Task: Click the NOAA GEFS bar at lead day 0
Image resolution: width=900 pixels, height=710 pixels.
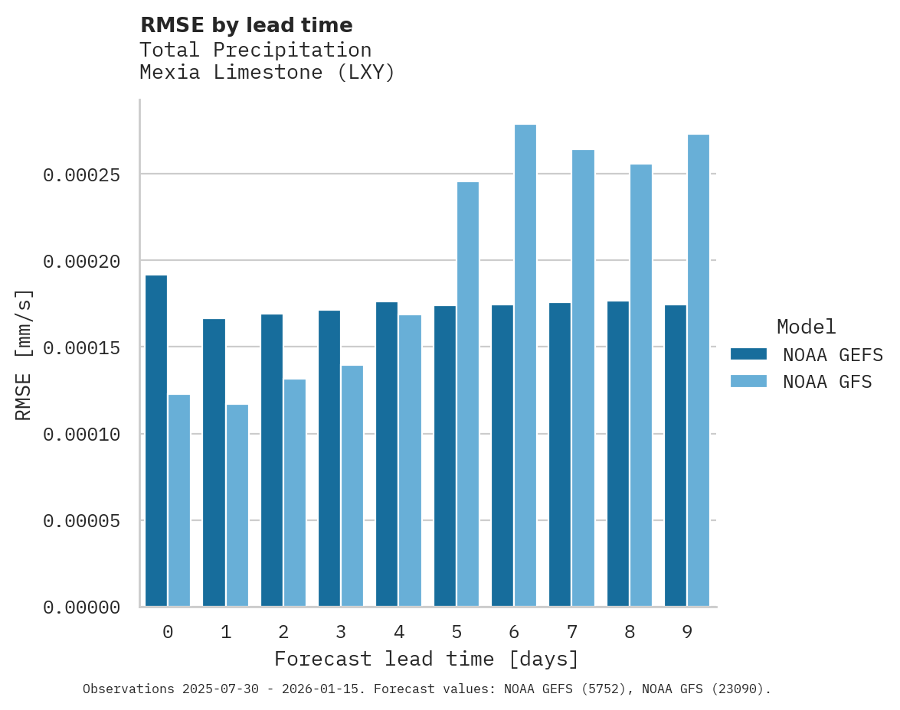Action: pyautogui.click(x=156, y=441)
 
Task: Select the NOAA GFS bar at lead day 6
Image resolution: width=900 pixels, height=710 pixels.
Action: pyautogui.click(x=525, y=366)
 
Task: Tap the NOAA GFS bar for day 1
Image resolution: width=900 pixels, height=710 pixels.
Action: pyautogui.click(x=237, y=505)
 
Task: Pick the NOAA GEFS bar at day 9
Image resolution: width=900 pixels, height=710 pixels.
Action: pyautogui.click(x=676, y=455)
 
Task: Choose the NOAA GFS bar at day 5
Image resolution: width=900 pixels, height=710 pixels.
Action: pyautogui.click(x=468, y=394)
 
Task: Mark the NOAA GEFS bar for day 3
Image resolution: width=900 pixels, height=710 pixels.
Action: pyautogui.click(x=329, y=458)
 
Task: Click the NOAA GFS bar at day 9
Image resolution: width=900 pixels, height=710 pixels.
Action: pyautogui.click(x=699, y=370)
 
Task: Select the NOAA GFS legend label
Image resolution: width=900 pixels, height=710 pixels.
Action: pyautogui.click(x=827, y=382)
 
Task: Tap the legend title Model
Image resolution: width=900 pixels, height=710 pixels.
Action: pyautogui.click(x=806, y=327)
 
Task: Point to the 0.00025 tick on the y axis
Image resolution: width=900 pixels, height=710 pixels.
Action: pyautogui.click(x=82, y=175)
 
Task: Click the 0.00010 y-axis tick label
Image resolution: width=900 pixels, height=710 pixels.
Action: pyautogui.click(x=82, y=435)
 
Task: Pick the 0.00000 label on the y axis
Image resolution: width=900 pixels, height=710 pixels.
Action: pyautogui.click(x=82, y=607)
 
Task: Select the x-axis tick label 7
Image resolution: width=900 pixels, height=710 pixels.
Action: pyautogui.click(x=572, y=633)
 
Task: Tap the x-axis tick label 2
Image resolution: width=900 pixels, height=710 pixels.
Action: pyautogui.click(x=283, y=633)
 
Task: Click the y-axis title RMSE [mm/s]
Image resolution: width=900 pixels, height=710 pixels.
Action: pyautogui.click(x=24, y=354)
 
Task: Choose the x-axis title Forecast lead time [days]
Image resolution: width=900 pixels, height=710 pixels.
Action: pyautogui.click(x=427, y=659)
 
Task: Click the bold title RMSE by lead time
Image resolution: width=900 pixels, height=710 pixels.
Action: pyautogui.click(x=246, y=25)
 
